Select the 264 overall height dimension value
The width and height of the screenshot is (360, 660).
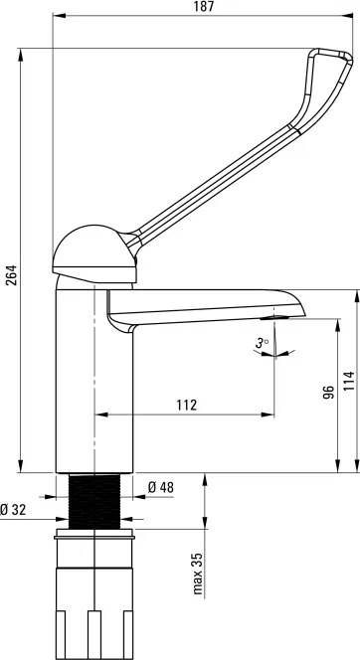pyautogui.click(x=11, y=275)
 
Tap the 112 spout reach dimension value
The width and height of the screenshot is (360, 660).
pyautogui.click(x=187, y=405)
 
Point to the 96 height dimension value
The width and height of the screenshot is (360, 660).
pyautogui.click(x=330, y=392)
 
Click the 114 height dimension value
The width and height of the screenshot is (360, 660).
pyautogui.click(x=349, y=381)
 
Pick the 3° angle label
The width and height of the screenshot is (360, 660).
pyautogui.click(x=262, y=344)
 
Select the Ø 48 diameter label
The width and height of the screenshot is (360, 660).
pyautogui.click(x=161, y=487)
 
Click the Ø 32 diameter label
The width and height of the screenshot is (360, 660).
pyautogui.click(x=13, y=510)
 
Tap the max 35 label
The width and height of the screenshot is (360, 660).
pyautogui.click(x=198, y=574)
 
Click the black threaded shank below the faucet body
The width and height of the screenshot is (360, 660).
pyautogui.click(x=94, y=501)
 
